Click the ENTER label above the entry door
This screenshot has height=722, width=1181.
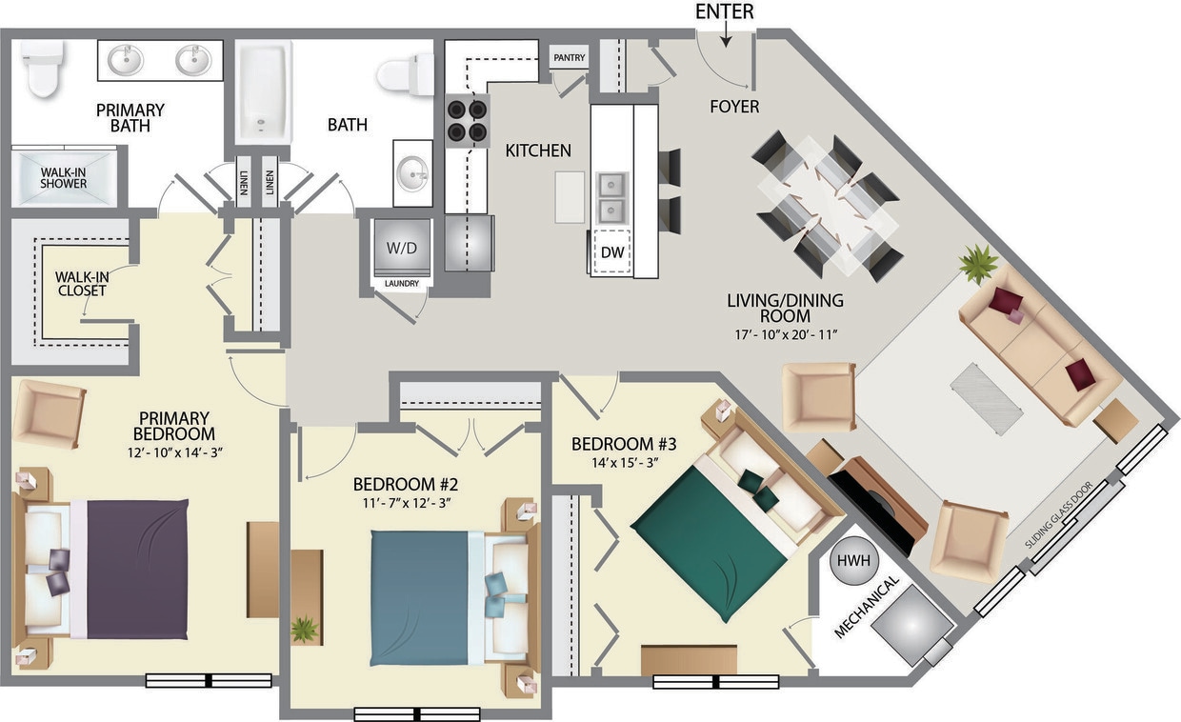(x=725, y=11)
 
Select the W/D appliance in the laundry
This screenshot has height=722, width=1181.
(x=401, y=248)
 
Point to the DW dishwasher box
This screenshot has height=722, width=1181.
(x=611, y=252)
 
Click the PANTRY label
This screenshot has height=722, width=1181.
(x=570, y=58)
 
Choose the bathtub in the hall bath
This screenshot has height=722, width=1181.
(x=262, y=90)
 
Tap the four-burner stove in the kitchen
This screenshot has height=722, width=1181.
(x=467, y=121)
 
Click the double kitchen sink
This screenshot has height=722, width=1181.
(x=611, y=195)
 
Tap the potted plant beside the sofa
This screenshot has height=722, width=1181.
(x=978, y=264)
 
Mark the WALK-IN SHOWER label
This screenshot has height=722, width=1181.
(x=64, y=177)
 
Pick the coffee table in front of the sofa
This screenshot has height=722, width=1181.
(x=986, y=399)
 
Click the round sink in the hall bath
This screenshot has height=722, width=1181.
(x=412, y=172)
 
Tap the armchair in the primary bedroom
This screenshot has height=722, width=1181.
(x=49, y=413)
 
